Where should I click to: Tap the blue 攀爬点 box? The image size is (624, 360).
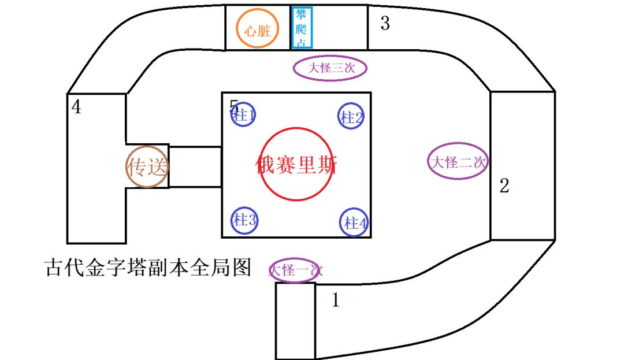tap(292, 28)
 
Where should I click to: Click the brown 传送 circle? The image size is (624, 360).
tap(127, 167)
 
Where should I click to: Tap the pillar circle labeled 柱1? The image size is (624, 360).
tap(232, 114)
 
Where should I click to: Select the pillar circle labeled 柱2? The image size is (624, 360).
tap(338, 116)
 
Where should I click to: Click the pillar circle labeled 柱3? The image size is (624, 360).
tap(232, 220)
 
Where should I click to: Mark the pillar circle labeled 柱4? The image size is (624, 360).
tap(340, 222)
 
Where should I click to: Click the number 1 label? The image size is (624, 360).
tap(336, 300)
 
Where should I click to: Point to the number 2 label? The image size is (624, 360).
tap(504, 185)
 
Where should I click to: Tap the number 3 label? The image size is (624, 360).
tap(385, 23)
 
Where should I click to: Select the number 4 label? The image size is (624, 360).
tap(76, 106)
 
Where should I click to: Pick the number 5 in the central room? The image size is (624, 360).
tap(234, 106)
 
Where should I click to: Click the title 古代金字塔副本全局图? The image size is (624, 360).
tap(148, 268)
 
